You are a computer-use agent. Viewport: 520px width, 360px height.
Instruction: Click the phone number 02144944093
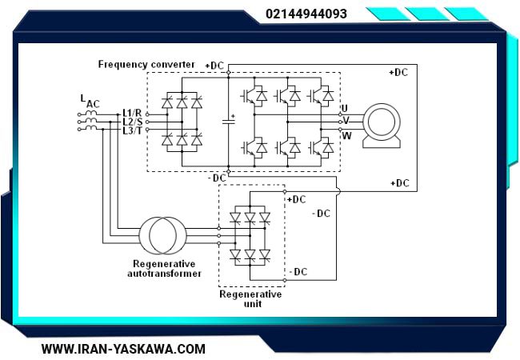point(306,14)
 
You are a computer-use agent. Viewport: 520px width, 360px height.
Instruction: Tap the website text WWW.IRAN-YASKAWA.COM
point(123,349)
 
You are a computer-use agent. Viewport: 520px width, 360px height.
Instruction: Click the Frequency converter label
point(146,64)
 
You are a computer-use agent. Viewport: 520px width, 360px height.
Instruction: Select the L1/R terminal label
point(132,113)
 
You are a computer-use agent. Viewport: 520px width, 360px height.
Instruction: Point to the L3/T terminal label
point(132,130)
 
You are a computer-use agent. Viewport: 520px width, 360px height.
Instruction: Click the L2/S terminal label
point(132,122)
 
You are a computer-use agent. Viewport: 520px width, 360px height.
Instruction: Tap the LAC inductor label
point(90,101)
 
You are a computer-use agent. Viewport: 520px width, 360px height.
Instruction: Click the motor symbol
point(382,125)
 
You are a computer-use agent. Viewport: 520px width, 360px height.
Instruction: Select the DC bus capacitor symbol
point(229,121)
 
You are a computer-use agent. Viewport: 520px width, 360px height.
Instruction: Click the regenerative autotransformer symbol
point(162,236)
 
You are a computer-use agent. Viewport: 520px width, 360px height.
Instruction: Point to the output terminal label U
point(345,108)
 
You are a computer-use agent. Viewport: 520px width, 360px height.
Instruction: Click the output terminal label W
point(346,135)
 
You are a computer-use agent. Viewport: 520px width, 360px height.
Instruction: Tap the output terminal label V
point(346,121)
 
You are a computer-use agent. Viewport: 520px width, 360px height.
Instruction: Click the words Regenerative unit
point(250,299)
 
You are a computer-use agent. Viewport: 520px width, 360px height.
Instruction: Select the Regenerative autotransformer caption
point(164,269)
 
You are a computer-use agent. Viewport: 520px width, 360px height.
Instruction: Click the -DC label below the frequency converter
point(217,178)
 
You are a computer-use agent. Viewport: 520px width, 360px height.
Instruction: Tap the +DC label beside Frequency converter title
point(214,66)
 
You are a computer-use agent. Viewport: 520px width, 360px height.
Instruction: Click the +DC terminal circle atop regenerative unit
point(285,192)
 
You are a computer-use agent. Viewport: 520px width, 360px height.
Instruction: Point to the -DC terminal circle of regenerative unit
point(285,281)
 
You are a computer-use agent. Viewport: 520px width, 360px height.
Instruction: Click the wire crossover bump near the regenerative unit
point(338,191)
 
